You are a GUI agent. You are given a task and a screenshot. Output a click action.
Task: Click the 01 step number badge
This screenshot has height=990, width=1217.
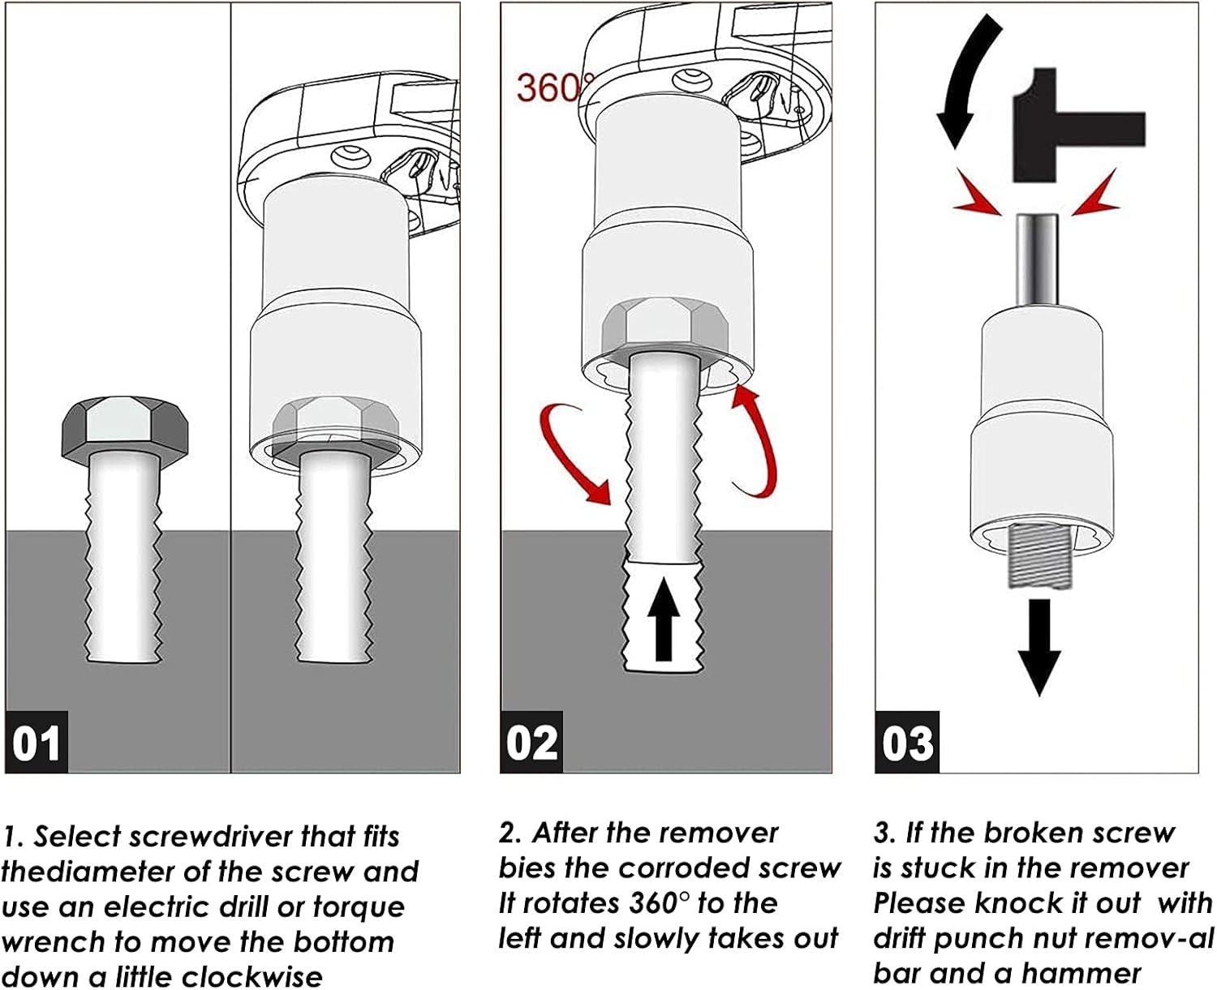point(37,741)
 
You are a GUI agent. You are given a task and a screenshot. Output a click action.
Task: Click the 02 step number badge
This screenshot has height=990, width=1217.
point(532,741)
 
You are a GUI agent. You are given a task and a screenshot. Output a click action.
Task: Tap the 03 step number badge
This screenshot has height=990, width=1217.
point(907,741)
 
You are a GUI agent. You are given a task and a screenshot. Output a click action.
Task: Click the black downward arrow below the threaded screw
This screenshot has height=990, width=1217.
point(1039,647)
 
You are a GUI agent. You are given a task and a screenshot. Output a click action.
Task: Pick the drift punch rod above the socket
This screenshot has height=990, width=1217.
point(1036,259)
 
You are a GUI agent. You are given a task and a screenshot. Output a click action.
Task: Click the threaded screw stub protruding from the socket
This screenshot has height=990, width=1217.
point(1039,557)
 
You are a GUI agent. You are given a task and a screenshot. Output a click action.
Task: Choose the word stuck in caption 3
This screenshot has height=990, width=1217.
point(938,868)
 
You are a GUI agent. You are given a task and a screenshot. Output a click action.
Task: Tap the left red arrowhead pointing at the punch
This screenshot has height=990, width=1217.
point(980,195)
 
